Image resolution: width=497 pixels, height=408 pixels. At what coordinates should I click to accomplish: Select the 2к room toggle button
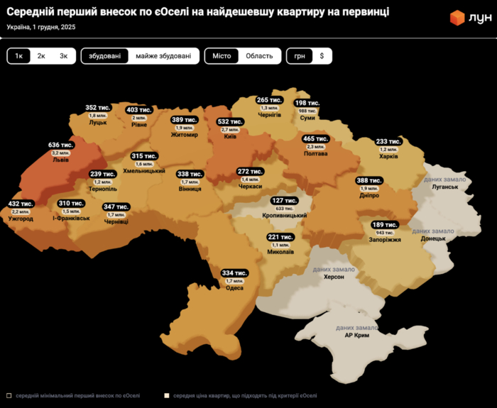pyautogui.click(x=41, y=56)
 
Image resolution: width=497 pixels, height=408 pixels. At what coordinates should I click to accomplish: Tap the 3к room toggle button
pyautogui.click(x=63, y=56)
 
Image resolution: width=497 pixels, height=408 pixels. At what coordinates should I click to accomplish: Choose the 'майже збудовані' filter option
pyautogui.click(x=163, y=56)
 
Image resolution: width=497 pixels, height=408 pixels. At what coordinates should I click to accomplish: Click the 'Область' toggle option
pyautogui.click(x=259, y=56)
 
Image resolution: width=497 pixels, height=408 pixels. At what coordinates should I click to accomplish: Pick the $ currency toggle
pyautogui.click(x=321, y=56)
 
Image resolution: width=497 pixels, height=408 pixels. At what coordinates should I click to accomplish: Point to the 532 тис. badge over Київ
pyautogui.click(x=230, y=122)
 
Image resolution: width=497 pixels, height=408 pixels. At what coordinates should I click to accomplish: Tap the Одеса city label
pyautogui.click(x=234, y=288)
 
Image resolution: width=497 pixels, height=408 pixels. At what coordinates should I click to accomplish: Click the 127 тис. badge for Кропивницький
pyautogui.click(x=283, y=201)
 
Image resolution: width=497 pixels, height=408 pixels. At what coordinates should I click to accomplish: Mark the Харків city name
pyautogui.click(x=388, y=156)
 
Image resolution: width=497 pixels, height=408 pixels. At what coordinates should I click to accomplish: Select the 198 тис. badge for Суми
pyautogui.click(x=307, y=104)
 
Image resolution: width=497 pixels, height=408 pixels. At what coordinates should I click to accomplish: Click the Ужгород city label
pyautogui.click(x=21, y=219)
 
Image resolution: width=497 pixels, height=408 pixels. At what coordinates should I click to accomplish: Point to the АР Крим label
pyautogui.click(x=356, y=335)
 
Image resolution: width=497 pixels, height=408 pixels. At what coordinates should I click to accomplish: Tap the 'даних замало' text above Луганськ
pyautogui.click(x=444, y=180)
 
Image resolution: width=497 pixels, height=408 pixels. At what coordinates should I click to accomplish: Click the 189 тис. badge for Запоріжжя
pyautogui.click(x=385, y=225)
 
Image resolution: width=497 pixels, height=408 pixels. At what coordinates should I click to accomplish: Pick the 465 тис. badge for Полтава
pyautogui.click(x=315, y=138)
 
